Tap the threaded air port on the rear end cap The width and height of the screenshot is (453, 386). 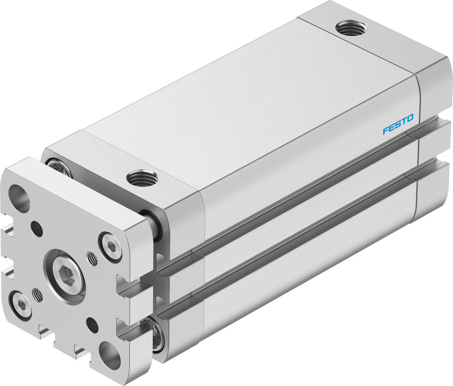[x=352, y=28]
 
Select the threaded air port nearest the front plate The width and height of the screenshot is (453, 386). [x=142, y=177]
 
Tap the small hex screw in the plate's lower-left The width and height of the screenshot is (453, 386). [x=21, y=304]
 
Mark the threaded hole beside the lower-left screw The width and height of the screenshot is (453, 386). [x=38, y=295]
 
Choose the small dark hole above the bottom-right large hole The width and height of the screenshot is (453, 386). [x=92, y=324]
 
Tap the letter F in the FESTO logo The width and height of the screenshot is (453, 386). [x=386, y=131]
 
